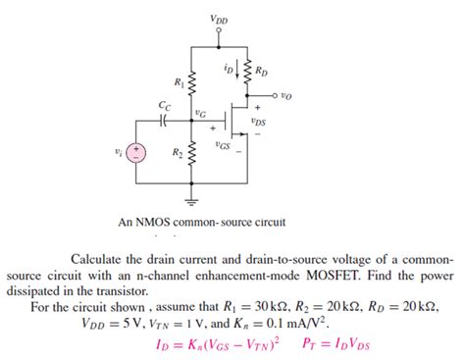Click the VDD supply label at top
coord(216,19)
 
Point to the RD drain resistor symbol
coord(245,72)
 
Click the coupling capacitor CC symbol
coord(163,119)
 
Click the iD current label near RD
coord(229,69)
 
